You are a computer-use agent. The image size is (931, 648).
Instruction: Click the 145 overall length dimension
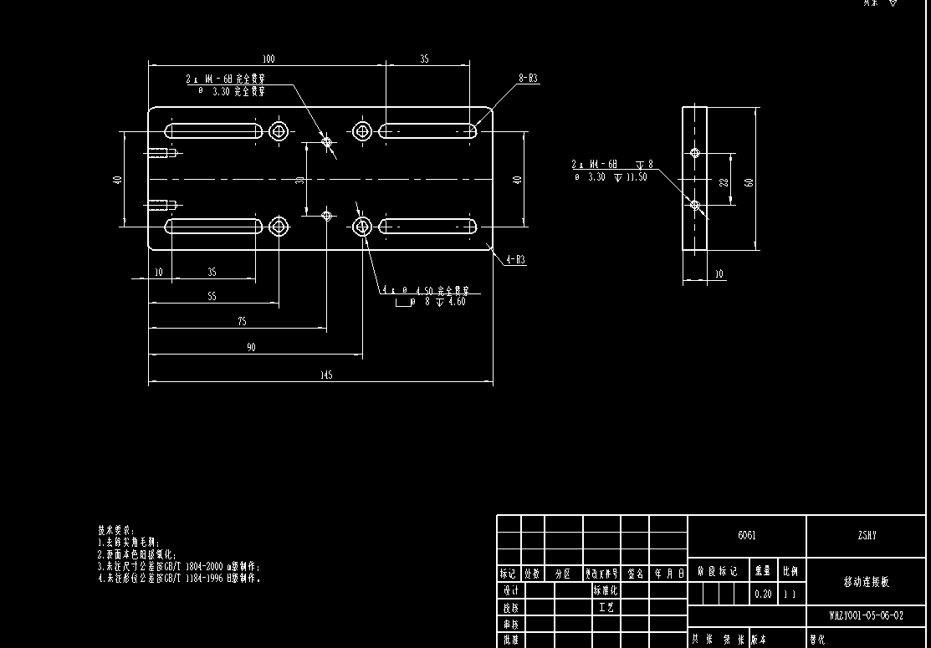tap(326, 375)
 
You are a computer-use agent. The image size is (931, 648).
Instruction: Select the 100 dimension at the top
tap(268, 59)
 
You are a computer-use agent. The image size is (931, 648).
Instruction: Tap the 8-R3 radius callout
tap(528, 78)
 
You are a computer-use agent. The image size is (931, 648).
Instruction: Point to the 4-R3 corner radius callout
tap(515, 260)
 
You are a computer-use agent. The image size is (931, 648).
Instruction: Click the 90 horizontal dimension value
tap(251, 347)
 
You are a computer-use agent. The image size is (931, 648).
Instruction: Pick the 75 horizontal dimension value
tap(242, 321)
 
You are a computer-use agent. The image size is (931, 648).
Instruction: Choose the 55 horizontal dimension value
tap(211, 297)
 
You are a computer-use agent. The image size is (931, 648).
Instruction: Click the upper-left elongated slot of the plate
tap(212, 131)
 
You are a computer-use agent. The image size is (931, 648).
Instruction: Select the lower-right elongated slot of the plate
tap(427, 226)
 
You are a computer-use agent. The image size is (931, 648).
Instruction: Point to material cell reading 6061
tap(746, 536)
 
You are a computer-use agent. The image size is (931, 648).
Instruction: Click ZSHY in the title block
tap(867, 536)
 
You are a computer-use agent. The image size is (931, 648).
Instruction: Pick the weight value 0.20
tap(763, 594)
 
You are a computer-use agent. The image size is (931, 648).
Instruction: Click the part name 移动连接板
tap(867, 582)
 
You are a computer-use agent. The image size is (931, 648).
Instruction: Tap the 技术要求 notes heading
tap(115, 530)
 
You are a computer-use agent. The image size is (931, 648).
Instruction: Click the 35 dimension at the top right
tap(424, 59)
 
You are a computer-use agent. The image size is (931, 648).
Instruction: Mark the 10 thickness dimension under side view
tap(720, 273)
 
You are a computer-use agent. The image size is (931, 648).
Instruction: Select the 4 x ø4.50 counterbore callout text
tap(426, 291)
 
